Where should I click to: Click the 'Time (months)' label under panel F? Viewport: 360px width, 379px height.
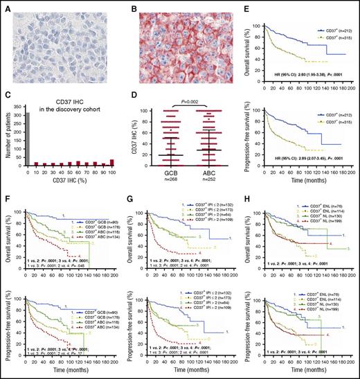click(66, 373)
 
